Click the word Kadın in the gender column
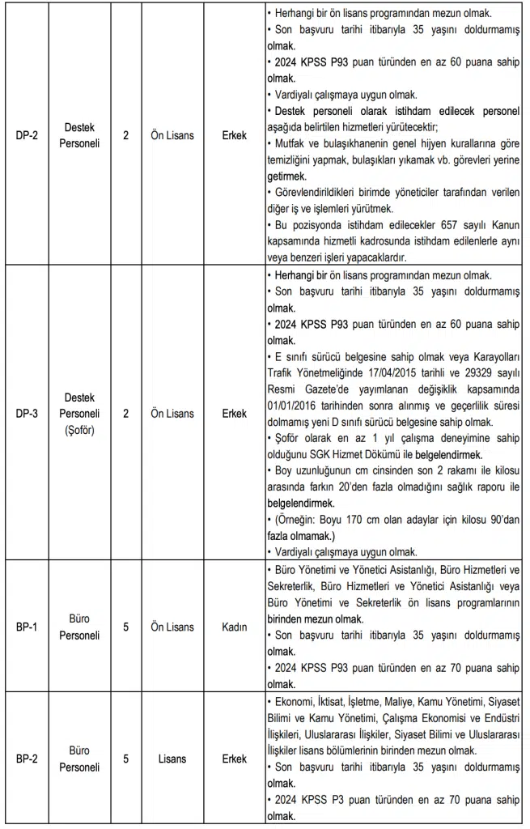click(x=234, y=627)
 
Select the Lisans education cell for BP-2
click(x=172, y=759)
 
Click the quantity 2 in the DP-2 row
click(x=125, y=136)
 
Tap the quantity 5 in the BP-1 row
click(x=125, y=627)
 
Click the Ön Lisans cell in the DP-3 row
click(x=172, y=414)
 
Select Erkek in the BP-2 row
click(x=234, y=759)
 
